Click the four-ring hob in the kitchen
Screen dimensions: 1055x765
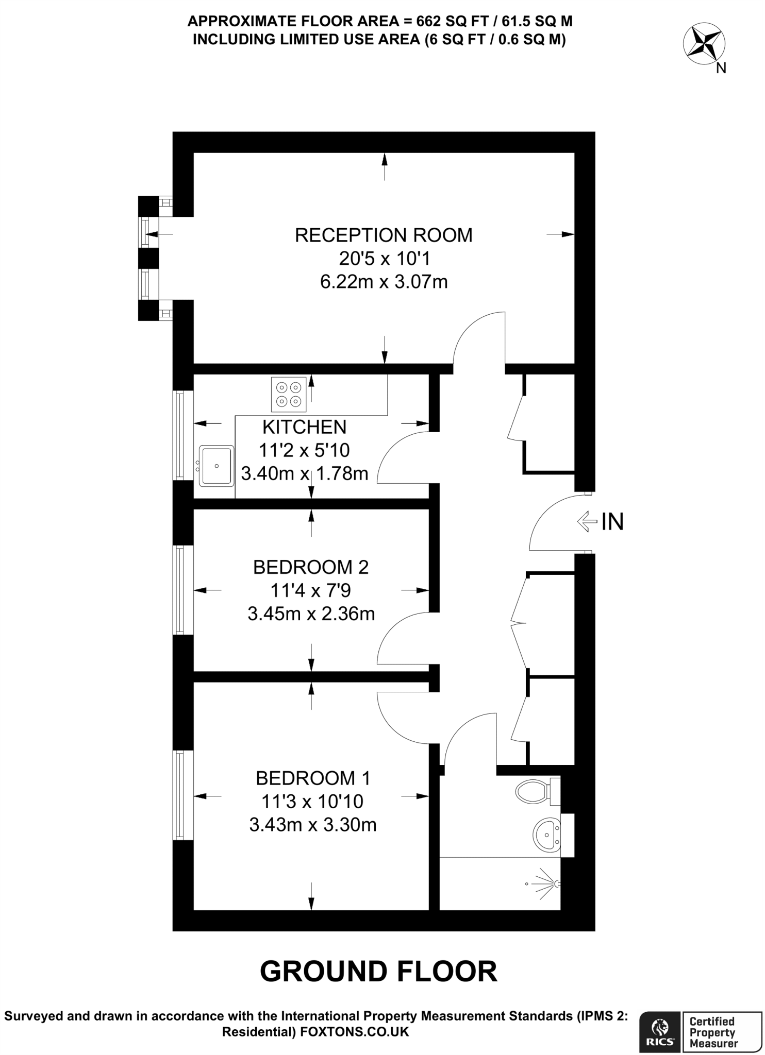coord(288,395)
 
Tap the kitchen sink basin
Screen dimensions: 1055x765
coord(217,466)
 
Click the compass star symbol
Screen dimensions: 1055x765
coord(704,44)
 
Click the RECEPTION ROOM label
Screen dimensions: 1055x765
coord(383,235)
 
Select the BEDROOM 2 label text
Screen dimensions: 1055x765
coord(311,567)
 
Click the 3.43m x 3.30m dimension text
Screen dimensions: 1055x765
coord(312,825)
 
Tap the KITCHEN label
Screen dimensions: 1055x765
coord(304,427)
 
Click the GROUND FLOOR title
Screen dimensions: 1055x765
coord(378,972)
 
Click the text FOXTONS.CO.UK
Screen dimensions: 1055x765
coord(355,1032)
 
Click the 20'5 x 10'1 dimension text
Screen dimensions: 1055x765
coord(384,258)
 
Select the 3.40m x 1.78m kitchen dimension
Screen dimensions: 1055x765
coord(304,473)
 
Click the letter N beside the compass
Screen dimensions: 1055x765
coord(721,68)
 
